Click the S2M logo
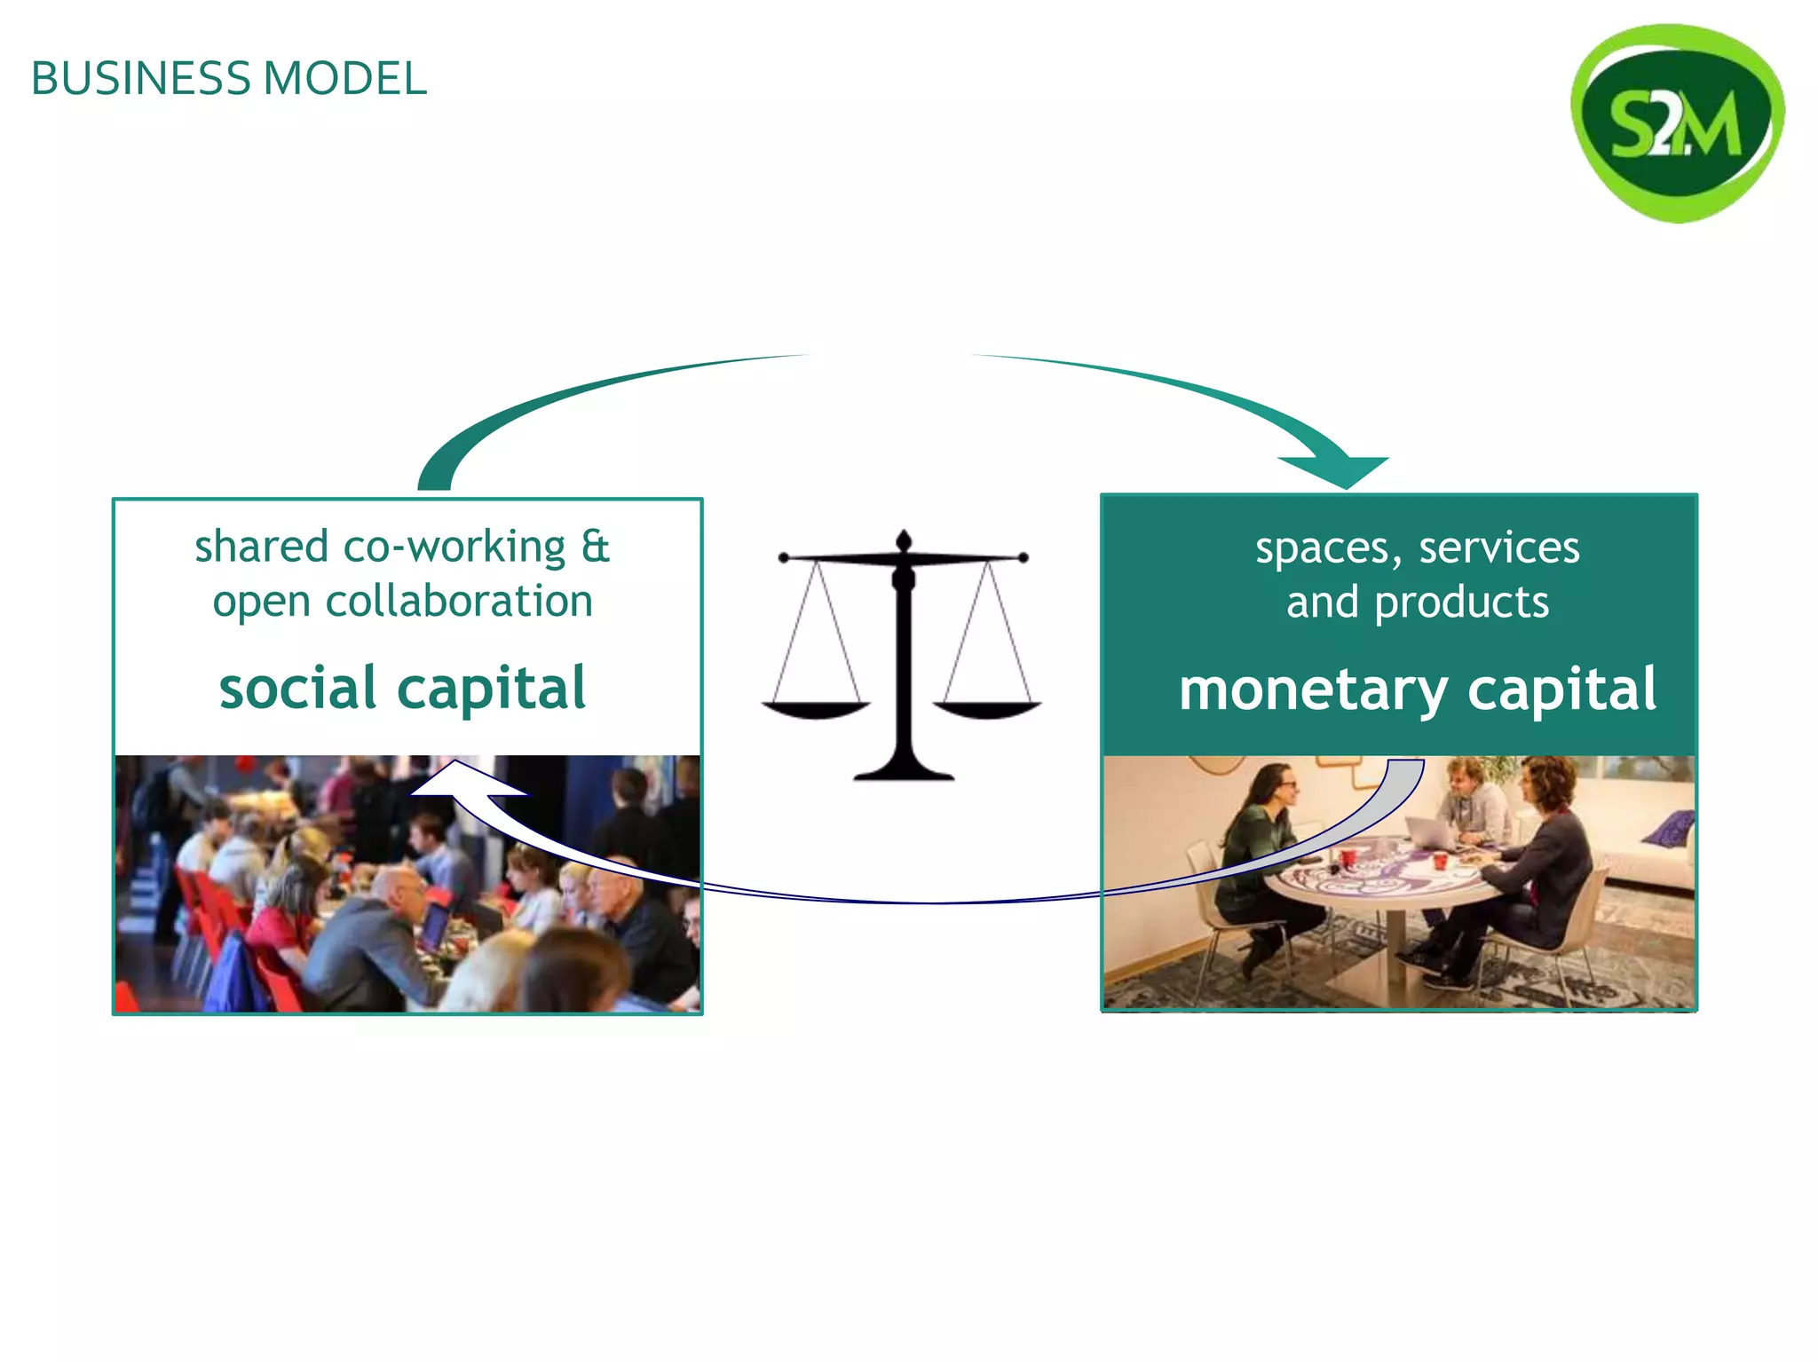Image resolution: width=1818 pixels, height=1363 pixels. point(1677,123)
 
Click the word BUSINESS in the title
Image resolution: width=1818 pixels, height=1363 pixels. point(141,79)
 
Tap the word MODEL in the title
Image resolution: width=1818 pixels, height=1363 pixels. point(345,79)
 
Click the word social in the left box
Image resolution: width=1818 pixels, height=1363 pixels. point(298,689)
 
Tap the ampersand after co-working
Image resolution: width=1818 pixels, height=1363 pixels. point(596,547)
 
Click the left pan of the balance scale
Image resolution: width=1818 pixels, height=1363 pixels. point(816,709)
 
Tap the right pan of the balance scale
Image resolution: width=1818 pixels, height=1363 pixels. point(987,709)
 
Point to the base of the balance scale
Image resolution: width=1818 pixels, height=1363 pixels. point(904,770)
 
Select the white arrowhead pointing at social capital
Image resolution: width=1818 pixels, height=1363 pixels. point(462,781)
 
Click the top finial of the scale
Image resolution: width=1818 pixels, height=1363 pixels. point(904,540)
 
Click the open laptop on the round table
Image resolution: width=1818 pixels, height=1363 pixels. point(1429,832)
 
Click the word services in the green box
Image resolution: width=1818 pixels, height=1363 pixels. point(1499,548)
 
